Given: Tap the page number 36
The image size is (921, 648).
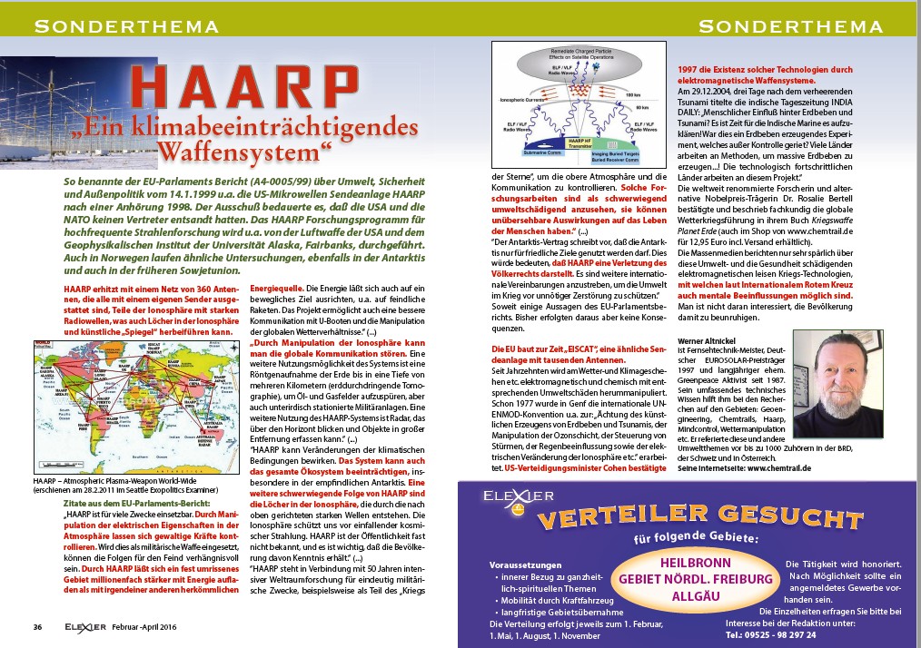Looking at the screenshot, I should (x=37, y=626).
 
